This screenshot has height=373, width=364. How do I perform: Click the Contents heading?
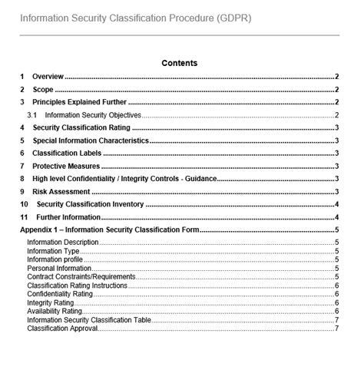point(179,63)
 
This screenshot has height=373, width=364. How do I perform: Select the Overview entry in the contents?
point(48,77)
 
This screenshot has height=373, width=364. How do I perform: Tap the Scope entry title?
point(43,90)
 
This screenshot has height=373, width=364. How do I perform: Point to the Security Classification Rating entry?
point(81,127)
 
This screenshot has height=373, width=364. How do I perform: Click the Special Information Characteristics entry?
point(90,140)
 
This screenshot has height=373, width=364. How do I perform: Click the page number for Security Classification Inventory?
point(337,204)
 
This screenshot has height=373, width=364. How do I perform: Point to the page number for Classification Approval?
point(337,328)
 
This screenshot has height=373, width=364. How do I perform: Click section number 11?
point(25,217)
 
